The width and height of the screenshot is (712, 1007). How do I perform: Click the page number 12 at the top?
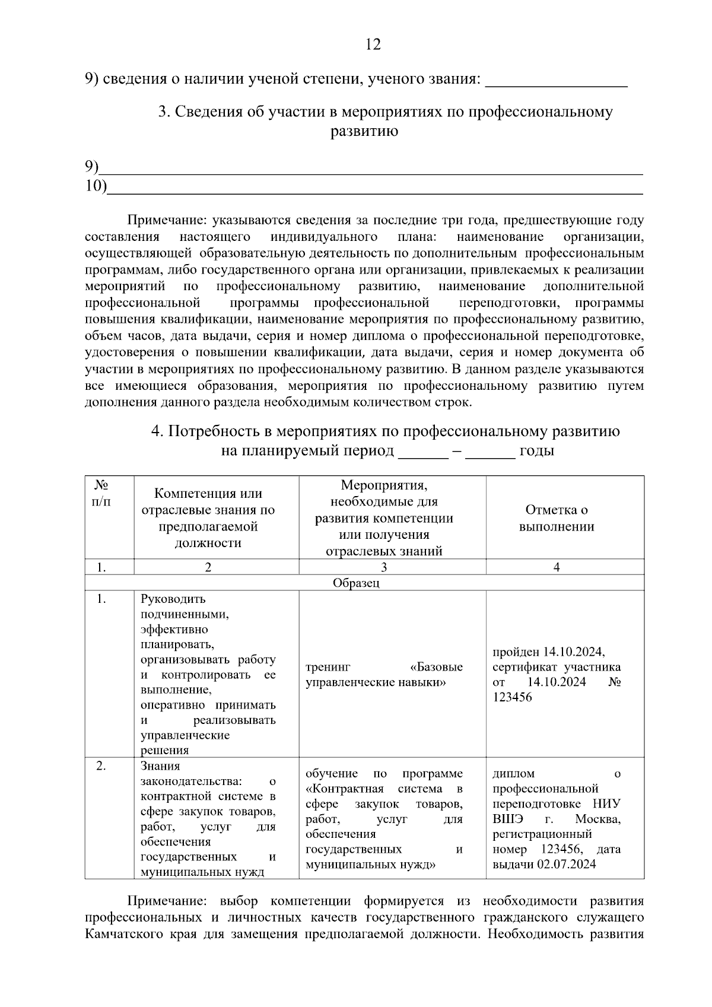(x=373, y=45)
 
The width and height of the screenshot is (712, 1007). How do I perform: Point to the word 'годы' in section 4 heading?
(x=536, y=450)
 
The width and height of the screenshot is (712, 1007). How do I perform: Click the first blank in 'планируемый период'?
(x=422, y=452)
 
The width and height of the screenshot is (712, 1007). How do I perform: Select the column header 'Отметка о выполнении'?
(x=556, y=518)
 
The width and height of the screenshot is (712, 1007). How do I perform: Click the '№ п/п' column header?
(x=101, y=493)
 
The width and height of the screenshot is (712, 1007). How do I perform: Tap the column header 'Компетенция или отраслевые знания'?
(x=208, y=518)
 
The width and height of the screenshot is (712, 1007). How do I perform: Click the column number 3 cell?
(x=384, y=567)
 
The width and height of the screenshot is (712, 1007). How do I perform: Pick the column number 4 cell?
(x=556, y=567)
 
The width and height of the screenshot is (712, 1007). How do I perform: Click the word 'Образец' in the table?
(x=355, y=583)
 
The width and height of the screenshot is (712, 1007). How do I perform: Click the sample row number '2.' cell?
(x=101, y=766)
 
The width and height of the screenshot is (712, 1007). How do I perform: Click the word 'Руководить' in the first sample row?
(x=173, y=599)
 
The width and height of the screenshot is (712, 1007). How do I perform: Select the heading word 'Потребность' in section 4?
(x=220, y=431)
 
